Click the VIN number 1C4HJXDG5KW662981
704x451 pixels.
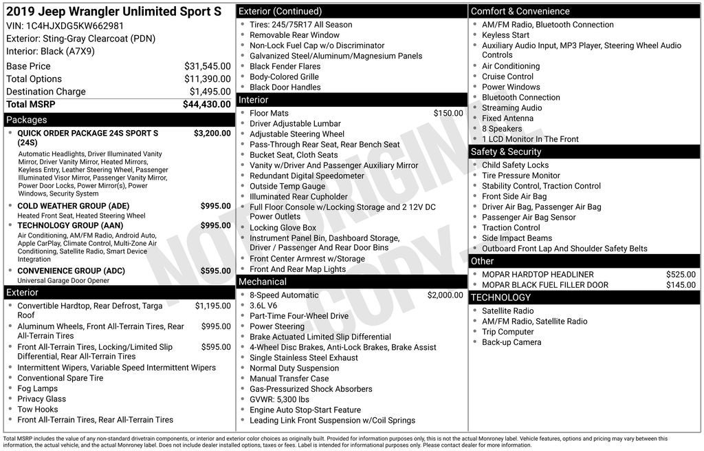point(75,26)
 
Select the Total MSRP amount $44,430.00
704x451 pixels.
point(207,105)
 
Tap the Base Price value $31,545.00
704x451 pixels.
point(208,66)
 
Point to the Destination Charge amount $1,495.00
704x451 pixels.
point(210,92)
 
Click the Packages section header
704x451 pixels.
point(27,120)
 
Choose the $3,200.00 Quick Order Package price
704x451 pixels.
point(212,133)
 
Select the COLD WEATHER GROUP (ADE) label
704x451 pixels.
point(73,206)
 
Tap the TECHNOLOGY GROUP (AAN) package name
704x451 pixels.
point(70,225)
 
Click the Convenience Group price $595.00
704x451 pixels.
point(216,271)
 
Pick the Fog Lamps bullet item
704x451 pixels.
point(38,388)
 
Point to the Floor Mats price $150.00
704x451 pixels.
point(448,113)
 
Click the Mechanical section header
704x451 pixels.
point(262,282)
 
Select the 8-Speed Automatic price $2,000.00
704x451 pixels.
point(445,295)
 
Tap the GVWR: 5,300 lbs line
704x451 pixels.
point(279,399)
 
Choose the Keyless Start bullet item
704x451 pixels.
point(505,35)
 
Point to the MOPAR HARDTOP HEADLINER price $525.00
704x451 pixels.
point(681,274)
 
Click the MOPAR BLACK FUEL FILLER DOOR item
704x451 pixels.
point(545,285)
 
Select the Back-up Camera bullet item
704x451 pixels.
point(511,342)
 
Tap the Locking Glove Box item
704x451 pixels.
point(283,227)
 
